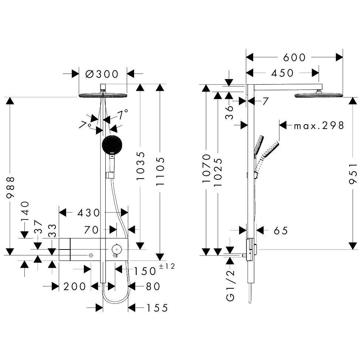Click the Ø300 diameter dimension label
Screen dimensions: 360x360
click(x=102, y=74)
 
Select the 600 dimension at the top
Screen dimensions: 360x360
click(x=294, y=57)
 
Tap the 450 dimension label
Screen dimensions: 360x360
click(x=282, y=73)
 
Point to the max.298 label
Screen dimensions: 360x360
click(x=319, y=125)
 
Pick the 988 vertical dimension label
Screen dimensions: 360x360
click(x=11, y=187)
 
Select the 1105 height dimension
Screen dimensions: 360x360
click(x=160, y=171)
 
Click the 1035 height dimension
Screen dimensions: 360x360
click(x=140, y=166)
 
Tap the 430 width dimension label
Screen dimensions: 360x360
click(x=89, y=213)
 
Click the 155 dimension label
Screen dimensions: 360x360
click(x=157, y=308)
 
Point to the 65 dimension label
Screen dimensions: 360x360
click(x=281, y=231)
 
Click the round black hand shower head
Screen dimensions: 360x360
click(x=112, y=146)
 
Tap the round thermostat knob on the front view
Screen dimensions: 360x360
click(x=117, y=249)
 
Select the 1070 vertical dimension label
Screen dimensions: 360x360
click(x=207, y=168)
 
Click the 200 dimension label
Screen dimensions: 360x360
click(x=75, y=286)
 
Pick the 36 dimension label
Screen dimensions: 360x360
click(x=230, y=112)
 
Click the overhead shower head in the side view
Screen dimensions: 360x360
click(x=319, y=95)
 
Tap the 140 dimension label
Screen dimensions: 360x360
click(x=25, y=211)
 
